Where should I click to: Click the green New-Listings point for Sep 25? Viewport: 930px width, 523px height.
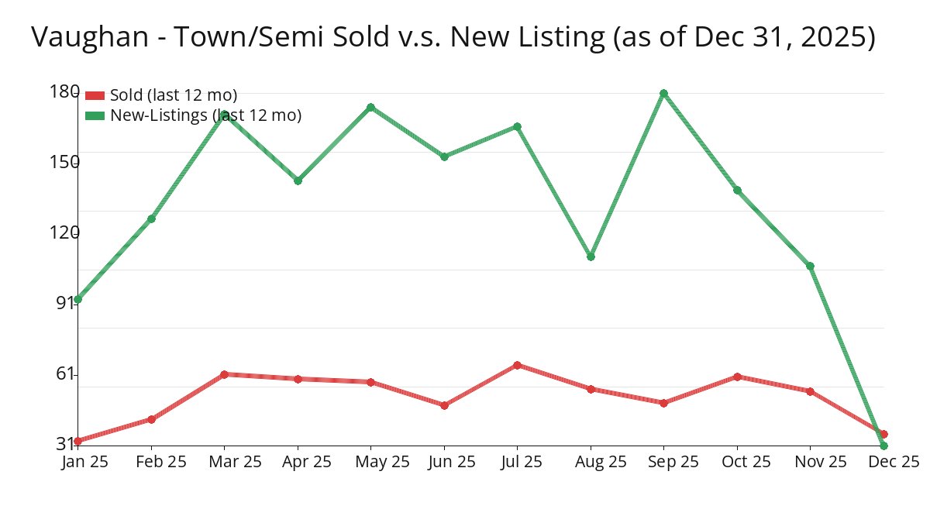(x=663, y=94)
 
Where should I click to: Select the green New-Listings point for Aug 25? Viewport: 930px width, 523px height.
(x=591, y=256)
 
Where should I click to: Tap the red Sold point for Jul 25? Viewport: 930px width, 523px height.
(x=517, y=365)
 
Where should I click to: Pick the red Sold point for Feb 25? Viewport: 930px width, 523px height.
(x=151, y=419)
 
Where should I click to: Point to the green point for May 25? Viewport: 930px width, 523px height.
(x=370, y=107)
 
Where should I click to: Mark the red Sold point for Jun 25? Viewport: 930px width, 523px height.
(x=444, y=405)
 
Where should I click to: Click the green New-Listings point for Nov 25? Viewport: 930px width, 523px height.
(x=810, y=267)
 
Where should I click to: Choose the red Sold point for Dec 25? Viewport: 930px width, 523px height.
(x=883, y=435)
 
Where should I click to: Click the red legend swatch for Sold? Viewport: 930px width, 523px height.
(x=95, y=95)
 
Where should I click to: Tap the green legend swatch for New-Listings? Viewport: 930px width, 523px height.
(x=95, y=115)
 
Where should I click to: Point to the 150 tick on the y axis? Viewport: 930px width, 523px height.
(x=64, y=162)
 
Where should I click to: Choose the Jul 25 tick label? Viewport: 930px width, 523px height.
(x=521, y=462)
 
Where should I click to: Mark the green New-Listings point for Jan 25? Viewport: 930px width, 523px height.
(x=77, y=299)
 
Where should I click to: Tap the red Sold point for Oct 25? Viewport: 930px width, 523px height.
(x=737, y=377)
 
